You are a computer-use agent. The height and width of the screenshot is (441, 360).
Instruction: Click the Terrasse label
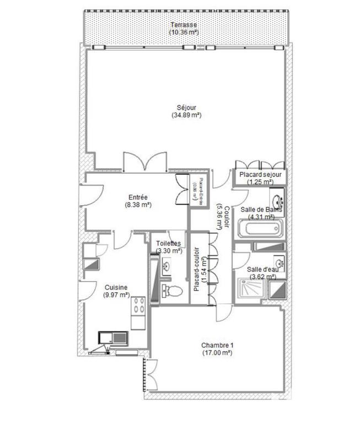pyautogui.click(x=184, y=25)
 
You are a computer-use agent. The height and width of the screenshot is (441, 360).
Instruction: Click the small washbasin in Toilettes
pyautogui.click(x=167, y=265)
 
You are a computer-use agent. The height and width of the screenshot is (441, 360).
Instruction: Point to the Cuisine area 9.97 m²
pyautogui.click(x=116, y=295)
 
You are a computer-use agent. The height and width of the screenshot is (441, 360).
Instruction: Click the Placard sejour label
pyautogui.click(x=261, y=175)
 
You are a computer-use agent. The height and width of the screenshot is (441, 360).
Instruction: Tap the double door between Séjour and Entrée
pyautogui.click(x=144, y=162)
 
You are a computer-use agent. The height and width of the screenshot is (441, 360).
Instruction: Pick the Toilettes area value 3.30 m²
pyautogui.click(x=169, y=250)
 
